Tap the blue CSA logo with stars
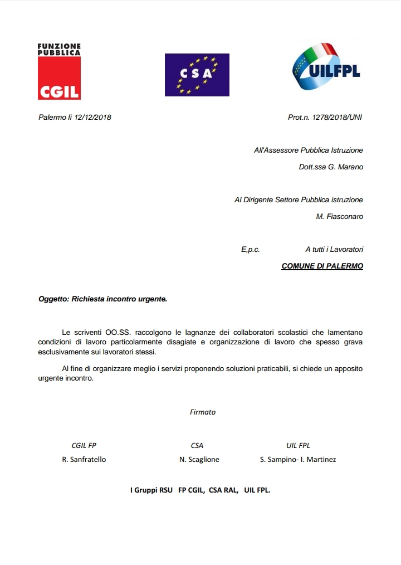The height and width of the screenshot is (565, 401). pyautogui.click(x=197, y=75)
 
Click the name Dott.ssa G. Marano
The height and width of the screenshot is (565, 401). pyautogui.click(x=331, y=167)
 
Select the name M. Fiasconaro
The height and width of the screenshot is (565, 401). pyautogui.click(x=339, y=216)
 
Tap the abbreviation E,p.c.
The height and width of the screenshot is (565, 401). pyautogui.click(x=251, y=250)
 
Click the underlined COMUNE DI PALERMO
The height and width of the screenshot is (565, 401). pyautogui.click(x=322, y=266)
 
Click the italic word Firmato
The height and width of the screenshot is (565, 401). pyautogui.click(x=203, y=412)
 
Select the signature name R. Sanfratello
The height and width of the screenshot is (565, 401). pyautogui.click(x=84, y=460)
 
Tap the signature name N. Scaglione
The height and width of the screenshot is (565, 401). pyautogui.click(x=199, y=460)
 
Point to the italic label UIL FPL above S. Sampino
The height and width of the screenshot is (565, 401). pyautogui.click(x=298, y=445)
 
